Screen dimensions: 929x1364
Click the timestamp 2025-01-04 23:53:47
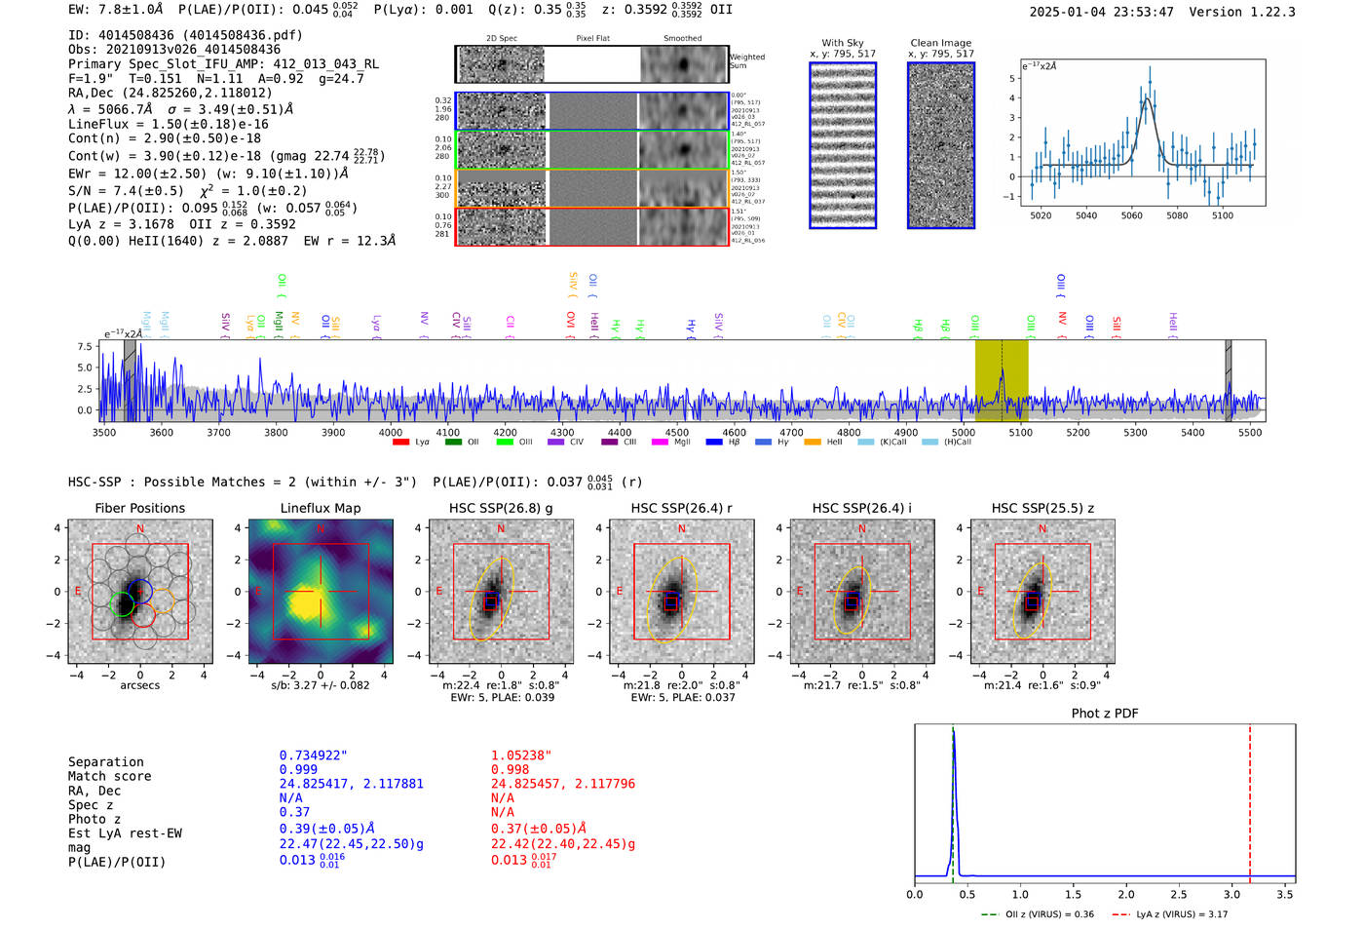tap(1101, 12)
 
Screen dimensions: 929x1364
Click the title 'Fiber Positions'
tap(139, 508)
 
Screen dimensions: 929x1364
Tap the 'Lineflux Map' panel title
tap(321, 508)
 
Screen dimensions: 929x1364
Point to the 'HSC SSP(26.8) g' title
tap(501, 508)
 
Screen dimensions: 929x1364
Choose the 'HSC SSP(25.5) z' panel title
tap(1042, 508)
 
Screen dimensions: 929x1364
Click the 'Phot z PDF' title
tap(1105, 714)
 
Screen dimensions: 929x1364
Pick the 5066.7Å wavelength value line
tap(180, 109)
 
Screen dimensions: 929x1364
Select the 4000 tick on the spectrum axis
tap(391, 433)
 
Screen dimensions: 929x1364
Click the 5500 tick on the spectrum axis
tap(1249, 433)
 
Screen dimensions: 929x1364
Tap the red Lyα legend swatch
tap(400, 443)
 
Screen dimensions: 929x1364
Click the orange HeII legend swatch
tap(813, 443)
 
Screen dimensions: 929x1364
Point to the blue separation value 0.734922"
tap(313, 755)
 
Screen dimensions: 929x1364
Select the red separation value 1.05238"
tap(520, 755)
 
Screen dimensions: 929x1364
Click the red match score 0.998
tap(510, 770)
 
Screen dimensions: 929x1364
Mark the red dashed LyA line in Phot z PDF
tap(1249, 799)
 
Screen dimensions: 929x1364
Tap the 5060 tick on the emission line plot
tap(1131, 215)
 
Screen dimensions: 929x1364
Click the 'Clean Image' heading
tap(940, 43)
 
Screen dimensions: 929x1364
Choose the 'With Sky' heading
tap(843, 43)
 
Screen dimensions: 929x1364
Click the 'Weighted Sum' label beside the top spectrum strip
tap(747, 61)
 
